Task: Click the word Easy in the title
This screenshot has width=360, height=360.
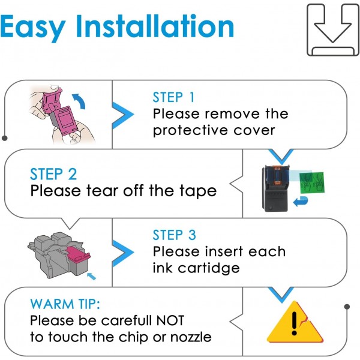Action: click(33, 27)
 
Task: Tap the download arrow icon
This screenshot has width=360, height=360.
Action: click(332, 30)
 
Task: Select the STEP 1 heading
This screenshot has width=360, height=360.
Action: click(173, 97)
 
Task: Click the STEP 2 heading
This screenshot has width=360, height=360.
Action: click(53, 174)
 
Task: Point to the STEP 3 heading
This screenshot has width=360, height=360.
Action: click(174, 235)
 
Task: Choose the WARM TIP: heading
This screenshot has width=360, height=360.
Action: click(65, 304)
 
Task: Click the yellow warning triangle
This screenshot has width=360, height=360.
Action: click(295, 322)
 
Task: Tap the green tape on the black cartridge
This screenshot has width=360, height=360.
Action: click(312, 182)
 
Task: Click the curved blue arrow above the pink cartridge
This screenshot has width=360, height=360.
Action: click(79, 101)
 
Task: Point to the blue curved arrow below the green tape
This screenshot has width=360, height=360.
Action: click(301, 202)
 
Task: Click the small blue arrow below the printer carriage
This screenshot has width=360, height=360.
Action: click(91, 276)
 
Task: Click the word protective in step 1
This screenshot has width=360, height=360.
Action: click(190, 130)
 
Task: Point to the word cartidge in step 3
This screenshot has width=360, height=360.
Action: click(209, 268)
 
